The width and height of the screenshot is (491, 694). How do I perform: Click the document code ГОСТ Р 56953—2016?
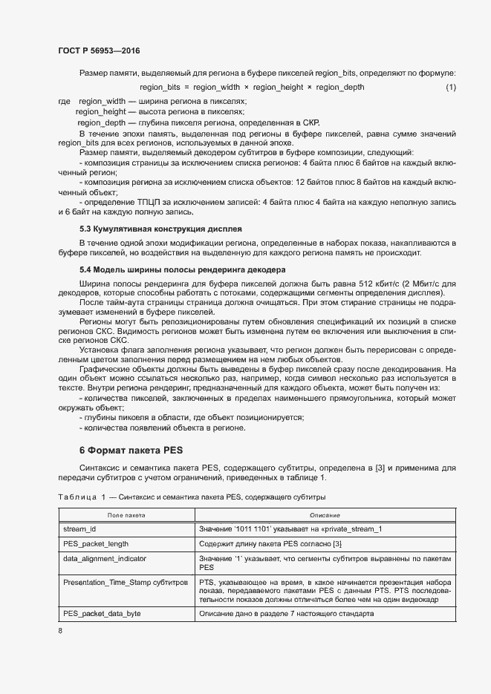pyautogui.click(x=98, y=50)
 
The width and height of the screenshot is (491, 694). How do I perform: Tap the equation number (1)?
pyautogui.click(x=450, y=88)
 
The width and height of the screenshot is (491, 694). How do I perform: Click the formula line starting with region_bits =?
pyautogui.click(x=252, y=88)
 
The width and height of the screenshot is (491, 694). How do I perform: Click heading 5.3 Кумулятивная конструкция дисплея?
pyautogui.click(x=160, y=229)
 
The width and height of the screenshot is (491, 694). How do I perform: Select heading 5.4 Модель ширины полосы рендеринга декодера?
pyautogui.click(x=182, y=269)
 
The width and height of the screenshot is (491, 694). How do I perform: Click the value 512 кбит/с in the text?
pyautogui.click(x=395, y=285)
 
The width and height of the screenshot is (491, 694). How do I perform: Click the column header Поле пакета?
pyautogui.click(x=126, y=514)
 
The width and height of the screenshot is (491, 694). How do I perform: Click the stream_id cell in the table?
pyautogui.click(x=81, y=528)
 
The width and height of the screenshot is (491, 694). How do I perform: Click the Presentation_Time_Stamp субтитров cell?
pyautogui.click(x=126, y=583)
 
